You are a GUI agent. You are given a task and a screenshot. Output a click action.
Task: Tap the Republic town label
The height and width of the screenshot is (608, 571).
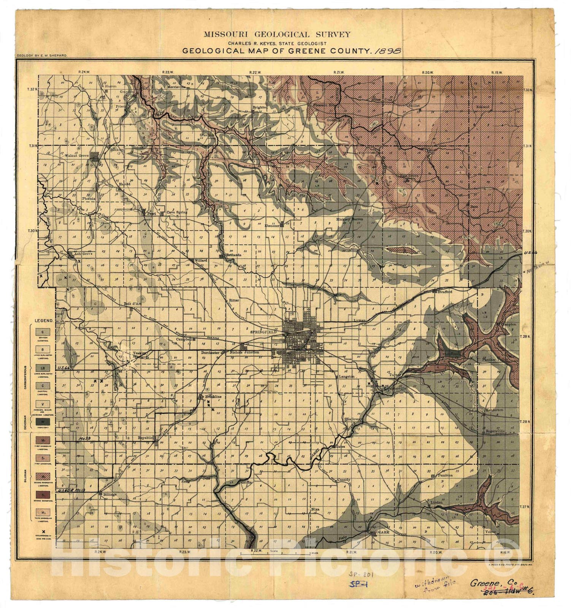click(x=145, y=438)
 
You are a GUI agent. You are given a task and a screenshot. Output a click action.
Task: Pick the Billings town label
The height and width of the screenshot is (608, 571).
click(x=109, y=494)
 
